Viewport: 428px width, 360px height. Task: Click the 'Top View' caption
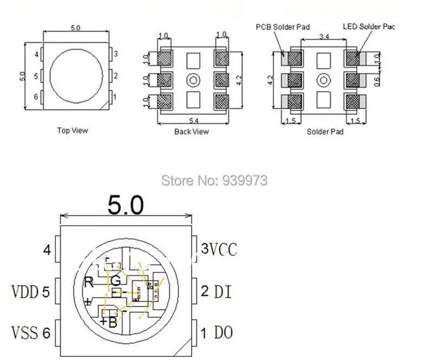[x=72, y=130]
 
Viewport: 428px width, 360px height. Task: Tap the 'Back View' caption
[x=191, y=132]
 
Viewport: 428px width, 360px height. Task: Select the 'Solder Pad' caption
[x=325, y=132]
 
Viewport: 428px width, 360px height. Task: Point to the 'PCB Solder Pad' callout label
[x=279, y=27]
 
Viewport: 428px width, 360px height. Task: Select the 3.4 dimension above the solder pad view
[x=324, y=37]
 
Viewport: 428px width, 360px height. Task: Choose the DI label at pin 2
[x=222, y=292]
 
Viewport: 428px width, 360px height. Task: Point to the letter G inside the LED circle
[x=115, y=280]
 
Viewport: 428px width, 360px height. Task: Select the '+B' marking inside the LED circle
[x=108, y=322]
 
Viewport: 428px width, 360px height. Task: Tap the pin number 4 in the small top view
[x=36, y=55]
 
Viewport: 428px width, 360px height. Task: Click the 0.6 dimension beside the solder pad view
[x=378, y=80]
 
